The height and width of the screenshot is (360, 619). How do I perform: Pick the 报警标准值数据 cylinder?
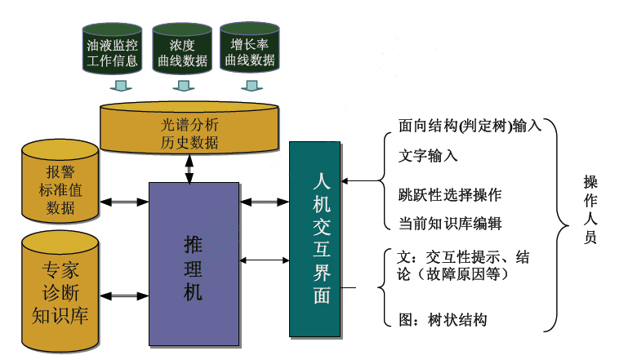click(x=60, y=183)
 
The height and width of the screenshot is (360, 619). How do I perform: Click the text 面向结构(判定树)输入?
click(x=470, y=127)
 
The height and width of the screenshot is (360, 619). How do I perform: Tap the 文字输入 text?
click(x=428, y=156)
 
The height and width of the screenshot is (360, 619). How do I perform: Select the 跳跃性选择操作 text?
click(x=449, y=195)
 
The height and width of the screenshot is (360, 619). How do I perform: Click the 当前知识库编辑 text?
click(x=449, y=223)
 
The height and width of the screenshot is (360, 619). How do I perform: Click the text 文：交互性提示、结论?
click(x=457, y=266)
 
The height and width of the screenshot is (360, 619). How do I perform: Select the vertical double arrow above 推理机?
click(x=189, y=167)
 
